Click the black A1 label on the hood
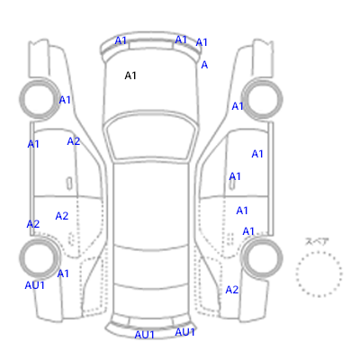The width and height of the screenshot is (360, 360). [x=130, y=76]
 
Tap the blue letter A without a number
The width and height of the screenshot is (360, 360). [x=204, y=65]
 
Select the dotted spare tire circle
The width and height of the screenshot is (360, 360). [x=319, y=274]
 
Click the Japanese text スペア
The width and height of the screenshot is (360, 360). [x=317, y=241]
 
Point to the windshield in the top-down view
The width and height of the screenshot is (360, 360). [x=152, y=136]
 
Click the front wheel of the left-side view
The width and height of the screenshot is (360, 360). [x=40, y=99]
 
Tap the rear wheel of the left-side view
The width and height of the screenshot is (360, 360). [x=40, y=258]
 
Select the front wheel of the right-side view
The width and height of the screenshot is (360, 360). [x=262, y=99]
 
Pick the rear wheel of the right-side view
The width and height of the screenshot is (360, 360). [x=262, y=258]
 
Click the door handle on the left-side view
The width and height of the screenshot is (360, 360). [x=69, y=184]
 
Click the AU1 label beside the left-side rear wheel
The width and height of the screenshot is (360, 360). [x=35, y=285]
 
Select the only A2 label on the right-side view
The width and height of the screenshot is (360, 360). [x=232, y=290]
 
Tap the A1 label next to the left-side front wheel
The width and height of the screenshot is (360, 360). [x=65, y=100]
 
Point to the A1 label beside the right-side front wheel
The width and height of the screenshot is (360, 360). [x=238, y=106]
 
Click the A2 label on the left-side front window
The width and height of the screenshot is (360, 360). [x=74, y=141]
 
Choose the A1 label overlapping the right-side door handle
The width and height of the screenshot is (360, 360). [x=235, y=176]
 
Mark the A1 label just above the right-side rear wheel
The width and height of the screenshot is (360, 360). [x=248, y=231]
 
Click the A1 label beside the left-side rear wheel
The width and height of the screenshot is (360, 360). [x=63, y=274]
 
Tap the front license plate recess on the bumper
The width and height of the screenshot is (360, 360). [x=151, y=45]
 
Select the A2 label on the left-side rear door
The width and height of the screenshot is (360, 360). [x=62, y=216]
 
